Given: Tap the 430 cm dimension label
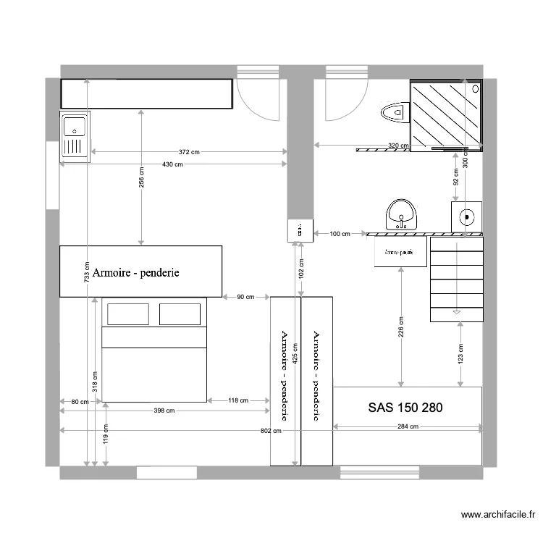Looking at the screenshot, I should (172, 164).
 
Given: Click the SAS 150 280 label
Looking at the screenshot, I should (405, 408).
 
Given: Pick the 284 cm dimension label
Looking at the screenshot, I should (408, 426).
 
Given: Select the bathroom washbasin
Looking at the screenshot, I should (401, 214).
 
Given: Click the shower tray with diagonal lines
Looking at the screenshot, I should (445, 114).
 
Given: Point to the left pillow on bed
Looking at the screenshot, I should (128, 314).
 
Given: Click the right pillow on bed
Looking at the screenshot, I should (180, 314).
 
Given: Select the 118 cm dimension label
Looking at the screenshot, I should (238, 400).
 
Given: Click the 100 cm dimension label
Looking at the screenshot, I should (340, 234).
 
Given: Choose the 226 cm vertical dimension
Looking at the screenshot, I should (401, 327).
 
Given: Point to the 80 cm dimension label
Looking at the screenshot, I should (80, 401).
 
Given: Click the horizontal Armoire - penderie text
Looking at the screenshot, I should (136, 274).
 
